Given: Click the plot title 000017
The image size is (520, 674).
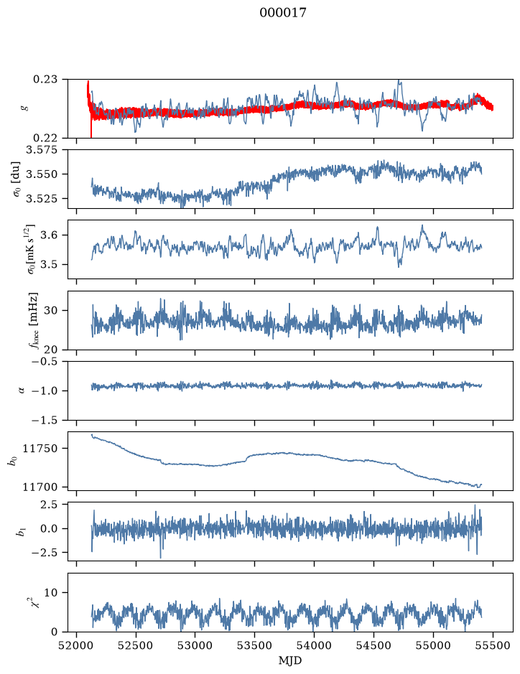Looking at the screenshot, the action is tap(282, 13).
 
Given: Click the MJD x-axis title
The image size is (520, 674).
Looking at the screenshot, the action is tap(290, 660).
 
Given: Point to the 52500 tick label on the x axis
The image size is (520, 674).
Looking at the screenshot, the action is tap(136, 646).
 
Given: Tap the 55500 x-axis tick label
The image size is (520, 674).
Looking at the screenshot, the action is tap(493, 646).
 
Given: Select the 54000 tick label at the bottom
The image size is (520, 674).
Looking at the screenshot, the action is tap(314, 646).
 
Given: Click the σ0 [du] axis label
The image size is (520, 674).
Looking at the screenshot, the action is tap(17, 179).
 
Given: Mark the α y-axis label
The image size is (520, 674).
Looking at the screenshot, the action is tap(22, 390).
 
